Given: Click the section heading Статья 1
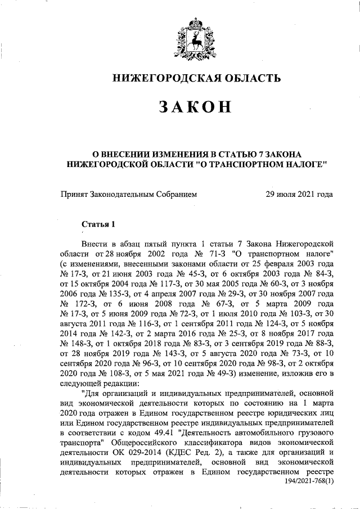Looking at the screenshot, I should click(98, 224).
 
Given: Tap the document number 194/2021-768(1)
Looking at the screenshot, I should click(305, 489).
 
